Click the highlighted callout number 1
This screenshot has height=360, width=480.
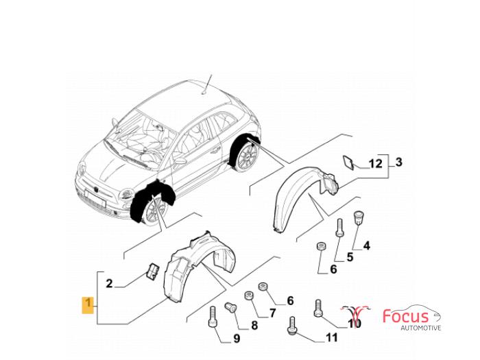(x=88, y=304)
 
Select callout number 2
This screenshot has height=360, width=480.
(x=109, y=283)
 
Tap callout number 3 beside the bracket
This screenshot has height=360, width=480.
(x=398, y=162)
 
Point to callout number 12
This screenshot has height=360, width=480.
(x=376, y=164)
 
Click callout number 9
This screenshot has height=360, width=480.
(x=237, y=338)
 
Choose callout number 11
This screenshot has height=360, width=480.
(x=331, y=337)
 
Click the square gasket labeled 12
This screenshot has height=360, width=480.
(x=348, y=163)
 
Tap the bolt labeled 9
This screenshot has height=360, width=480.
(x=213, y=317)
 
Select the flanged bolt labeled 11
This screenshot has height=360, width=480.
(x=291, y=326)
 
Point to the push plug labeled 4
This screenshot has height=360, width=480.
(x=358, y=217)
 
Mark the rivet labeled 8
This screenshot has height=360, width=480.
(x=230, y=307)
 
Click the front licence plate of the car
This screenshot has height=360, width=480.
(x=95, y=198)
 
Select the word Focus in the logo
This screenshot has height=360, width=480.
(x=406, y=316)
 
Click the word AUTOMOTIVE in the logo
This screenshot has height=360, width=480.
(x=421, y=328)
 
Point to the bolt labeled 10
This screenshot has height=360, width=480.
(x=317, y=308)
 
